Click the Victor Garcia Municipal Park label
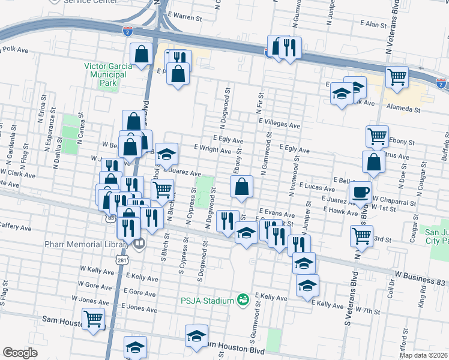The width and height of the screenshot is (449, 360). [105, 70]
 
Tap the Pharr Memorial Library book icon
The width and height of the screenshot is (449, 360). [139, 244]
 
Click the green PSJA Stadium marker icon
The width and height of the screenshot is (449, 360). [243, 299]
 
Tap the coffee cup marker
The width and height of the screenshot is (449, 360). [360, 192]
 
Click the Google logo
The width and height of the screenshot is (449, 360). [20, 353]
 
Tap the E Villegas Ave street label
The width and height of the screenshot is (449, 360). [279, 125]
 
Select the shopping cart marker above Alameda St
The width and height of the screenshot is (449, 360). [396, 76]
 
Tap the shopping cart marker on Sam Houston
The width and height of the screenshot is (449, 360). [93, 318]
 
